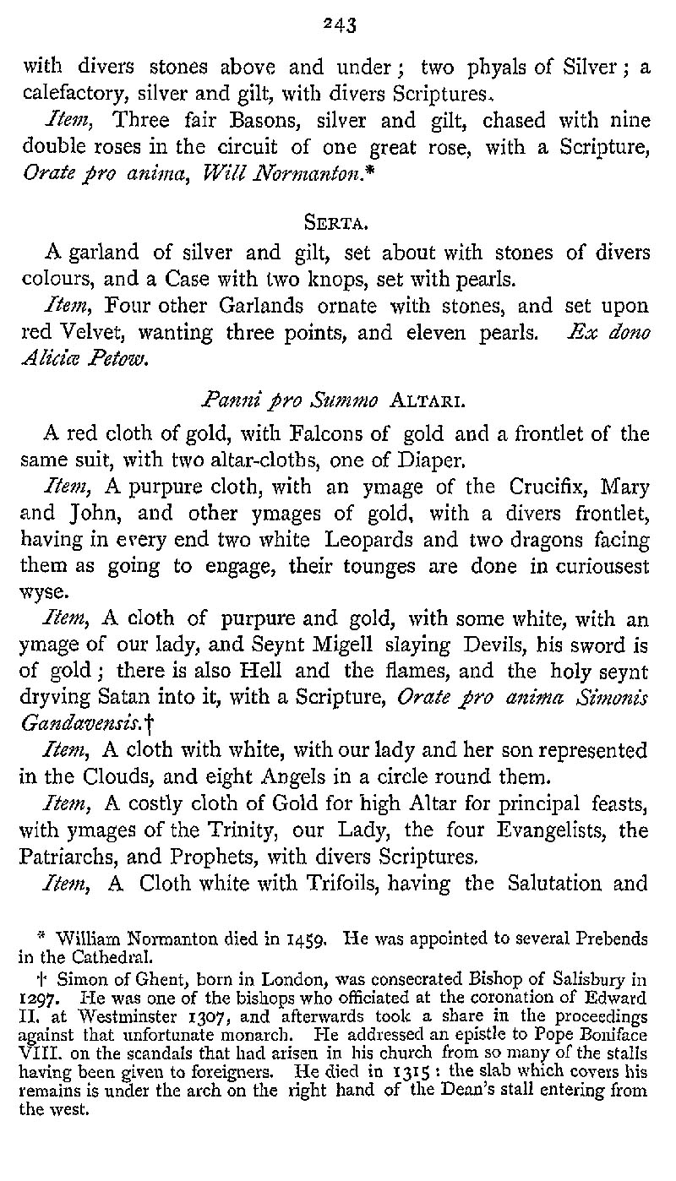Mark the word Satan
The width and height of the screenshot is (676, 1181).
(x=124, y=700)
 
